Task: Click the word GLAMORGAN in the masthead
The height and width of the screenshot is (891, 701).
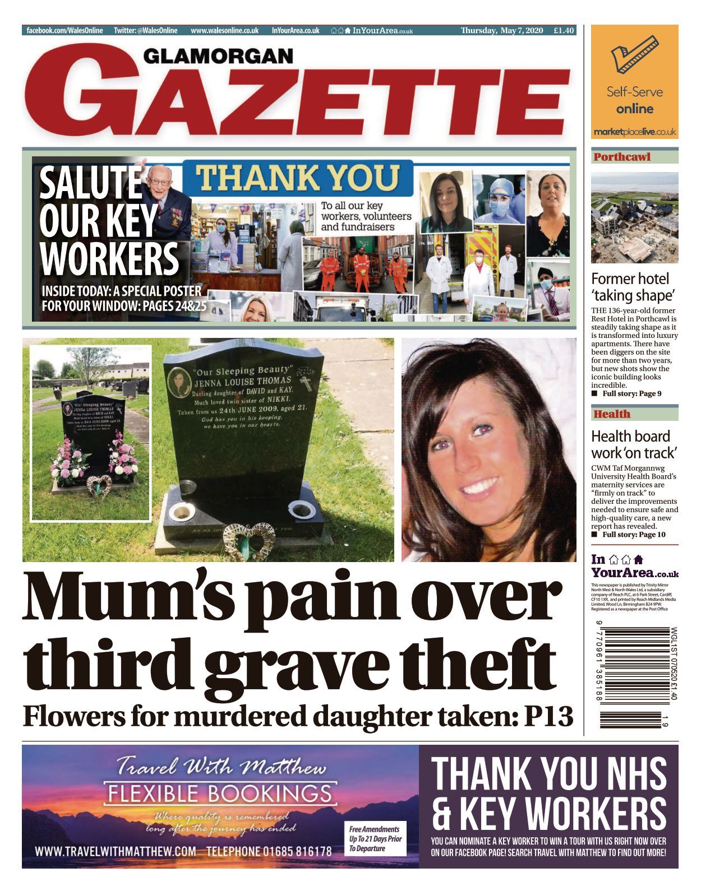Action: (218, 56)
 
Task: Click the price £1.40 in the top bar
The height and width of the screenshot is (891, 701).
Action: (563, 30)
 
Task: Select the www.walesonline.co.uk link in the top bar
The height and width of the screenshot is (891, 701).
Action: (224, 30)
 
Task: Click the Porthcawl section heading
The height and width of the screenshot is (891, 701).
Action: (622, 157)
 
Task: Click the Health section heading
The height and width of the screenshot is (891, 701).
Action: (612, 414)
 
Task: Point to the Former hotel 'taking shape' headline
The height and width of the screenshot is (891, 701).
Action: (630, 287)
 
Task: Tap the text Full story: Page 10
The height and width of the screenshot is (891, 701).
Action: (634, 535)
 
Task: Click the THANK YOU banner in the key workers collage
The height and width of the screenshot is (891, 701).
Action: (297, 178)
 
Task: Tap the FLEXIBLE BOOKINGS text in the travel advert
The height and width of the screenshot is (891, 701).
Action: (220, 793)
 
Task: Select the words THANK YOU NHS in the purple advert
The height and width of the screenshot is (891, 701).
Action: (548, 773)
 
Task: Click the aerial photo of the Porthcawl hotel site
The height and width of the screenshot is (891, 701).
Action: (634, 217)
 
